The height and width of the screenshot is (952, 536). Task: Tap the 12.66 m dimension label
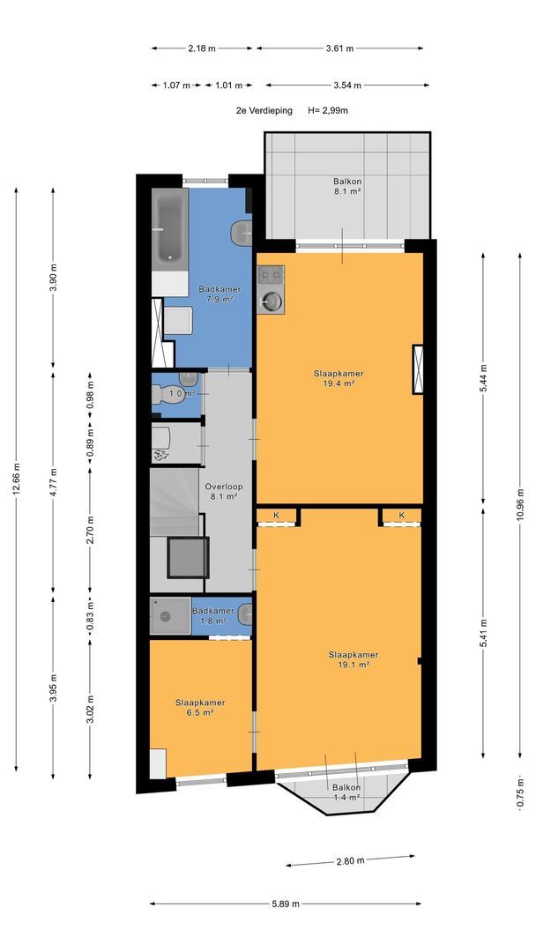[x=17, y=479]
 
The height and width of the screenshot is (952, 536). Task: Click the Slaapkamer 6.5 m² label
[x=200, y=707]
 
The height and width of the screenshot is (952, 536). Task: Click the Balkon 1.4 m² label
[x=347, y=792]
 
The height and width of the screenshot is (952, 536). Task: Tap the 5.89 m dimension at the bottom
[x=286, y=904]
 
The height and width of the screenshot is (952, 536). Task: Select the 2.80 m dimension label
[x=350, y=860]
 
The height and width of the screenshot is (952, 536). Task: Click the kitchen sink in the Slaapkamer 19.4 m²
[x=271, y=300]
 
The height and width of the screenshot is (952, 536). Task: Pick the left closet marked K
[x=278, y=516]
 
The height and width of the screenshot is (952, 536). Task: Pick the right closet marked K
[x=400, y=516]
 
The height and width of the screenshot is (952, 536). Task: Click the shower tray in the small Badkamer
[x=170, y=616]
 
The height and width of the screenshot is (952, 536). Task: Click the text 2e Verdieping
[x=264, y=110]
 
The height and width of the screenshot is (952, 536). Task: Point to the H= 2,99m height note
[x=328, y=110]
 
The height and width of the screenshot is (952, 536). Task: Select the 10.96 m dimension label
[x=520, y=504]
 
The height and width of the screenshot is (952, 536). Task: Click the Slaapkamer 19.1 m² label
[x=354, y=659]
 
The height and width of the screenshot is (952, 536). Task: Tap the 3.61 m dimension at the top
[x=340, y=48]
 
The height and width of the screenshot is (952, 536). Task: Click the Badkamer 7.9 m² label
[x=220, y=294]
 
